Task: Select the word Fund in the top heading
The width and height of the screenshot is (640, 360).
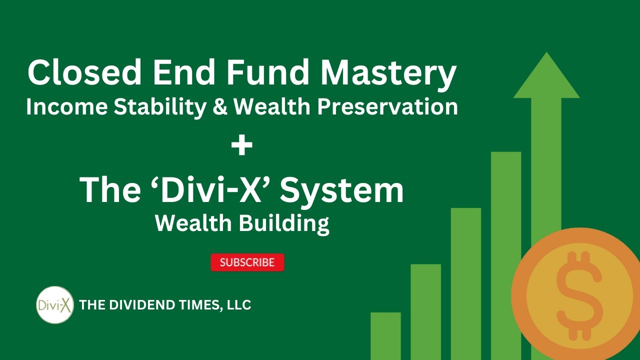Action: coord(267,72)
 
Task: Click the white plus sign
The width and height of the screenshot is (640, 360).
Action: coord(242,147)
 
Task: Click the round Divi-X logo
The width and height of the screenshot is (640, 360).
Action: coord(55,304)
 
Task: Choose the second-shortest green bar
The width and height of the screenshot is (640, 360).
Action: coord(425,310)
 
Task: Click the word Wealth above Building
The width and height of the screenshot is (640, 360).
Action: coord(192,223)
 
